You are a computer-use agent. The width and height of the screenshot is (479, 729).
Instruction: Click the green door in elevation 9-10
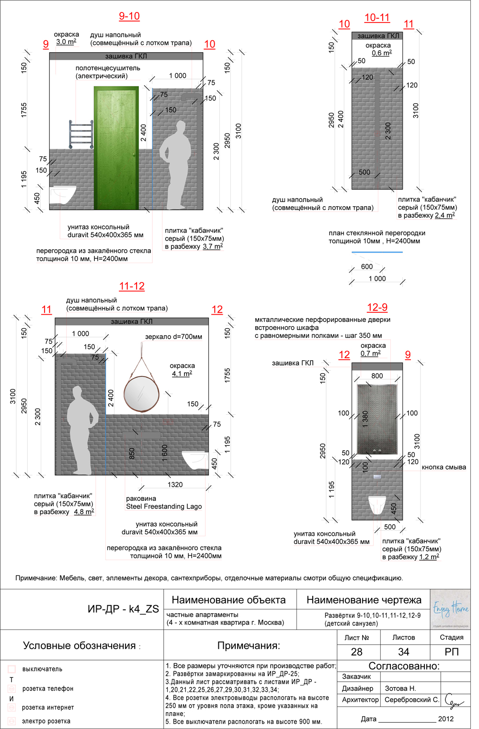point(116,148)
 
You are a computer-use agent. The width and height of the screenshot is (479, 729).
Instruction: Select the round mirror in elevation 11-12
point(142,394)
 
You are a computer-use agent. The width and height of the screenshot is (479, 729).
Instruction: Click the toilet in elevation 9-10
point(63,194)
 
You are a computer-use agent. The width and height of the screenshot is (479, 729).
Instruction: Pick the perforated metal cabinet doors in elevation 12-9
point(377,419)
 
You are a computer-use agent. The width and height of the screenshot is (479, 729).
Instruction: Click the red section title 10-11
point(377,18)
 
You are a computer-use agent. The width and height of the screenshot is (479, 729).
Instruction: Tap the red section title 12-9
point(377,308)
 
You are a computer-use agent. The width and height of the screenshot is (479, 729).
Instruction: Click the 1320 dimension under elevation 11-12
point(175,485)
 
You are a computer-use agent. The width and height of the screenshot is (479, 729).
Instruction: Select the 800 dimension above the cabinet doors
point(377,376)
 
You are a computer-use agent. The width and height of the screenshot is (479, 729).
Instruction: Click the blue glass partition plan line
point(377,252)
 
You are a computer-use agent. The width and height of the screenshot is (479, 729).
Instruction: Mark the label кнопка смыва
point(444,467)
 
